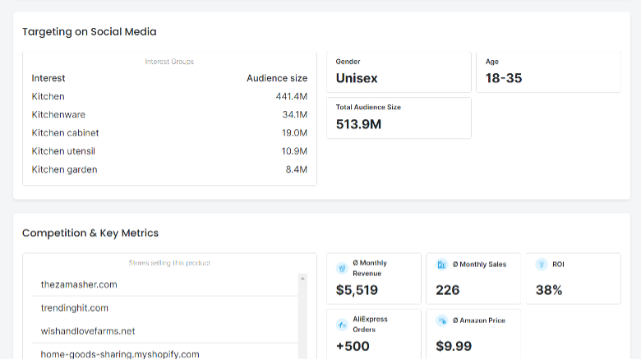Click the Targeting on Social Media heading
pos(89,32)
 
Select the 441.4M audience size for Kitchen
pos(291,96)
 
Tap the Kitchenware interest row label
pos(58,114)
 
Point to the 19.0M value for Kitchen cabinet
pos(294,133)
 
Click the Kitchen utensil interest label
pos(63,151)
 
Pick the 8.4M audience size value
pos(297,169)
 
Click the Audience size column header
pos(277,78)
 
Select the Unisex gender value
pos(357,78)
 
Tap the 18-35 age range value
pos(504,78)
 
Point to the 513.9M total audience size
pos(358,124)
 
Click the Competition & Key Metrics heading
pos(90,233)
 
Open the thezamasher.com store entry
pos(79,284)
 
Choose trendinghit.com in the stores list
pos(75,308)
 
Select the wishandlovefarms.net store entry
pos(88,331)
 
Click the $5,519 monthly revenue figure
pos(357,290)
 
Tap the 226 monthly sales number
pos(448,290)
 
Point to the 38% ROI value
pos(549,290)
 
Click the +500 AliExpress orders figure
pos(353,346)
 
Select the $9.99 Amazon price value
pos(454,346)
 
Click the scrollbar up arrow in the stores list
pos(302,279)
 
